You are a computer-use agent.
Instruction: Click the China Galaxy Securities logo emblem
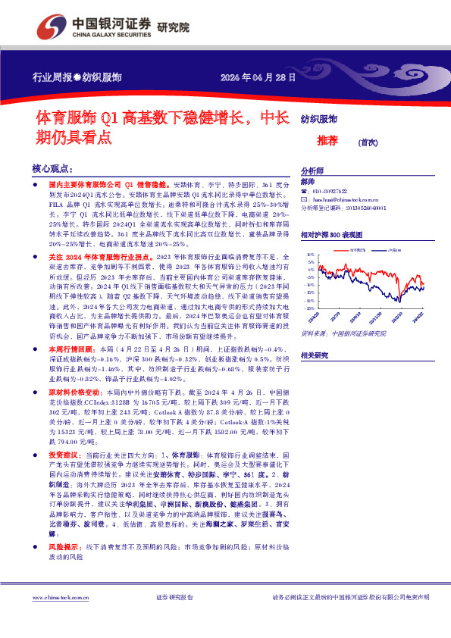click(x=49, y=27)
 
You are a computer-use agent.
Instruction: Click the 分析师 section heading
click(x=312, y=171)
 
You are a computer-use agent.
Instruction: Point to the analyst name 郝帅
click(x=307, y=182)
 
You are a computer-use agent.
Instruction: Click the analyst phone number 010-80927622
click(x=331, y=192)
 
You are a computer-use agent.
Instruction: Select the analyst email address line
click(x=343, y=199)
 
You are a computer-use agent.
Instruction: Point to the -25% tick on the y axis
click(x=310, y=308)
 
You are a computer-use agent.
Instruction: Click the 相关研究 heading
click(x=314, y=355)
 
